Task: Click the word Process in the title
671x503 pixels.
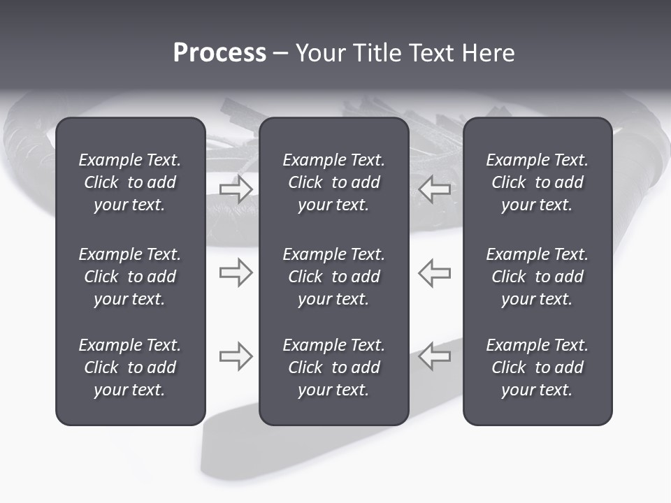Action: [x=219, y=53]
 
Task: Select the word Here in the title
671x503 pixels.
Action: [x=488, y=53]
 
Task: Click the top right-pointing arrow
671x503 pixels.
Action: [x=236, y=189]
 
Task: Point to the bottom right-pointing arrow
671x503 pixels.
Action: [x=236, y=356]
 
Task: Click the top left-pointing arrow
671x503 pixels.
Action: [x=435, y=189]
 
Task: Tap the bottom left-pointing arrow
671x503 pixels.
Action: [x=435, y=356]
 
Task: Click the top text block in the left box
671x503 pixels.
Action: [x=130, y=182]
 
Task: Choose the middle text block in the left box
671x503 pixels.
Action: [x=130, y=277]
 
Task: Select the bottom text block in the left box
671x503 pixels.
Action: [x=130, y=367]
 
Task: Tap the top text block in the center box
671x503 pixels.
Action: [x=334, y=182]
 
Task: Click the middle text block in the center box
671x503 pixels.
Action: [x=334, y=277]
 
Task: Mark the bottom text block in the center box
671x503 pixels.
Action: [x=334, y=367]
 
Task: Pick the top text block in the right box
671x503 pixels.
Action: [x=537, y=182]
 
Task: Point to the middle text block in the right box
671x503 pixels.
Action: [x=537, y=277]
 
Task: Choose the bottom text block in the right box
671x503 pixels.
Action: [x=537, y=367]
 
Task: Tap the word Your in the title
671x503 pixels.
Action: [x=320, y=53]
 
